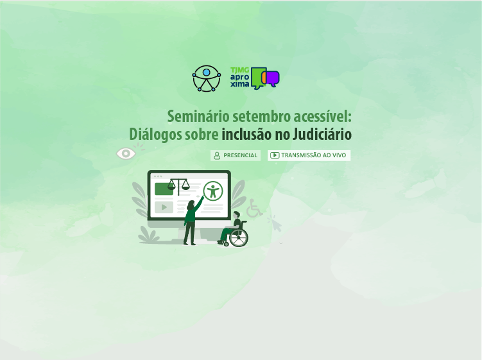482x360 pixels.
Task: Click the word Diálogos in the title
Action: coord(148,134)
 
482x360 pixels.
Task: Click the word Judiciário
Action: coord(322,134)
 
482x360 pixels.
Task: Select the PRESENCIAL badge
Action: coord(236,155)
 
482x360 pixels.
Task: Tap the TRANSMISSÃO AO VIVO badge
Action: coord(309,155)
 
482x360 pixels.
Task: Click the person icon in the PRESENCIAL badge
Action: coord(217,155)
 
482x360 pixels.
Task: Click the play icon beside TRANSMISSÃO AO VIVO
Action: coord(275,155)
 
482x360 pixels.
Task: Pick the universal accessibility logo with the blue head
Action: coord(206,78)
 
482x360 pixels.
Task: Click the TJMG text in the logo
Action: coord(240,71)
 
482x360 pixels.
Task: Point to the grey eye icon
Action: coord(126,153)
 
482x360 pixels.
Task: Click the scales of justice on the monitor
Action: coord(178,186)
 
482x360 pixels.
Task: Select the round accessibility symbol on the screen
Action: coord(213,191)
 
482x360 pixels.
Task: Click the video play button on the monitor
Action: coord(164,207)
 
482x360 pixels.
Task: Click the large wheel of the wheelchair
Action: coord(239,237)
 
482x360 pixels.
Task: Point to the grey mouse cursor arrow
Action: coord(275,224)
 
